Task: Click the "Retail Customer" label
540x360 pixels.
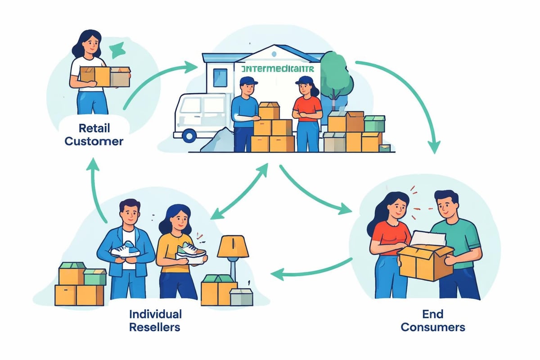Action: (x=94, y=134)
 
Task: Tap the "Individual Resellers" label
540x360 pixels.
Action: (x=155, y=320)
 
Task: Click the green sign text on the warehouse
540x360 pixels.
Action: (x=278, y=70)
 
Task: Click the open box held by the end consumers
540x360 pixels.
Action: (x=425, y=261)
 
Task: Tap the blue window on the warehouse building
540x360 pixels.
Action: (x=220, y=77)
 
